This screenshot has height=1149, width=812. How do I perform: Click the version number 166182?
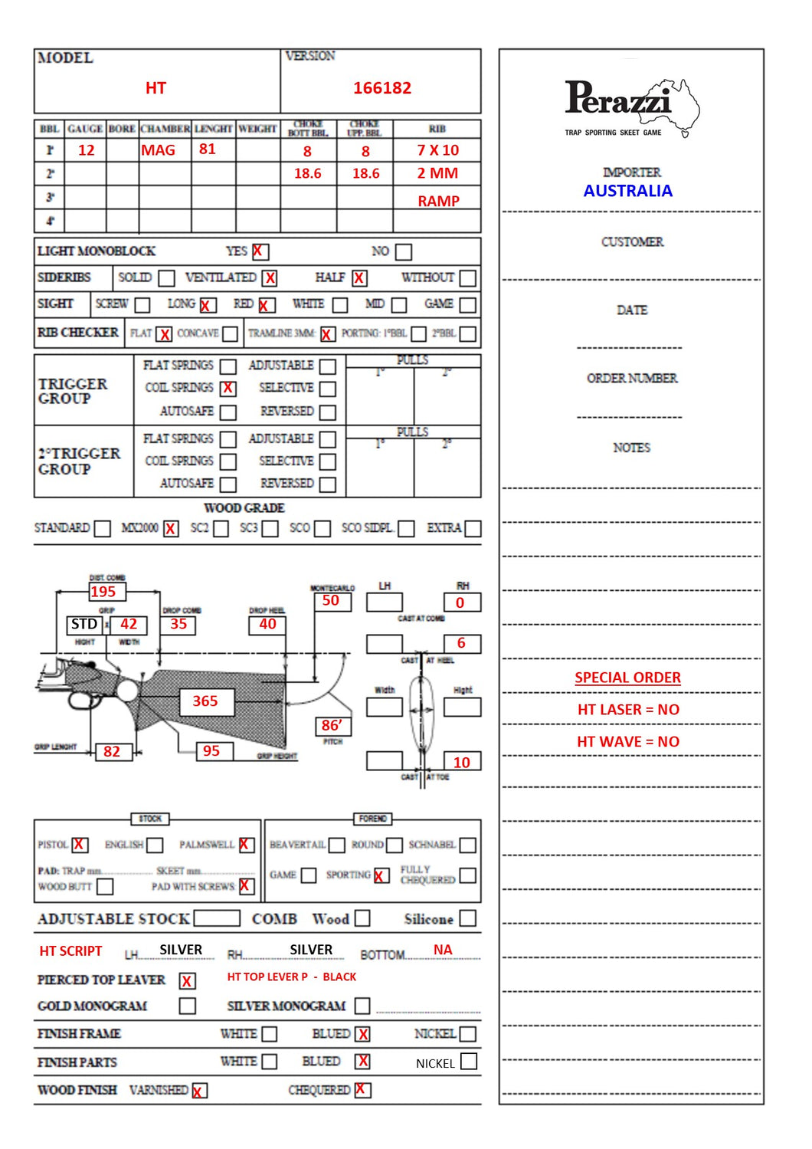coord(381,88)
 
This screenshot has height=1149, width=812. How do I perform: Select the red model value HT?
coord(156,88)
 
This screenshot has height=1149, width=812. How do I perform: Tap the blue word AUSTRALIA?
coord(627,191)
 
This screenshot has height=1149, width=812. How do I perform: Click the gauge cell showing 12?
coord(87,150)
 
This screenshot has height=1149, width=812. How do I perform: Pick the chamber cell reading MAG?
coord(158,150)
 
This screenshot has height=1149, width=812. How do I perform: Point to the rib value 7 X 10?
coord(437,150)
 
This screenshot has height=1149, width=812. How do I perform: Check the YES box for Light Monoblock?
coord(260,251)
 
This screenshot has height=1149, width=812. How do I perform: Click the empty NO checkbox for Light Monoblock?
coord(404,251)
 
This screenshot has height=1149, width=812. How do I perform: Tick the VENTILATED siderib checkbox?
coord(270,278)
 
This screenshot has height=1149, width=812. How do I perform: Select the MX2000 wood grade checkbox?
coord(170,528)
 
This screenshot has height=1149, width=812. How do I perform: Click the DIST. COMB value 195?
coord(103,592)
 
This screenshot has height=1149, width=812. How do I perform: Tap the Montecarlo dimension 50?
coord(331,601)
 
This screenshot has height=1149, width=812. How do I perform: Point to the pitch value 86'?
coord(332,725)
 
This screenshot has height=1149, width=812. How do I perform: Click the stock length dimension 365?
coord(205,701)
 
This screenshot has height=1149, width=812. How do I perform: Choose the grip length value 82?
coord(112,751)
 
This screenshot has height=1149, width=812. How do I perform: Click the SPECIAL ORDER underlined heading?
coord(627,678)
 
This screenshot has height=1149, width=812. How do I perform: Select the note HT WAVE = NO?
coord(627,741)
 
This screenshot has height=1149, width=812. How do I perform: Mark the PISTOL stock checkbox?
coord(80,845)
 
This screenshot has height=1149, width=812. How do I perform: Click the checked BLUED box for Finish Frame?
coord(363,1034)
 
